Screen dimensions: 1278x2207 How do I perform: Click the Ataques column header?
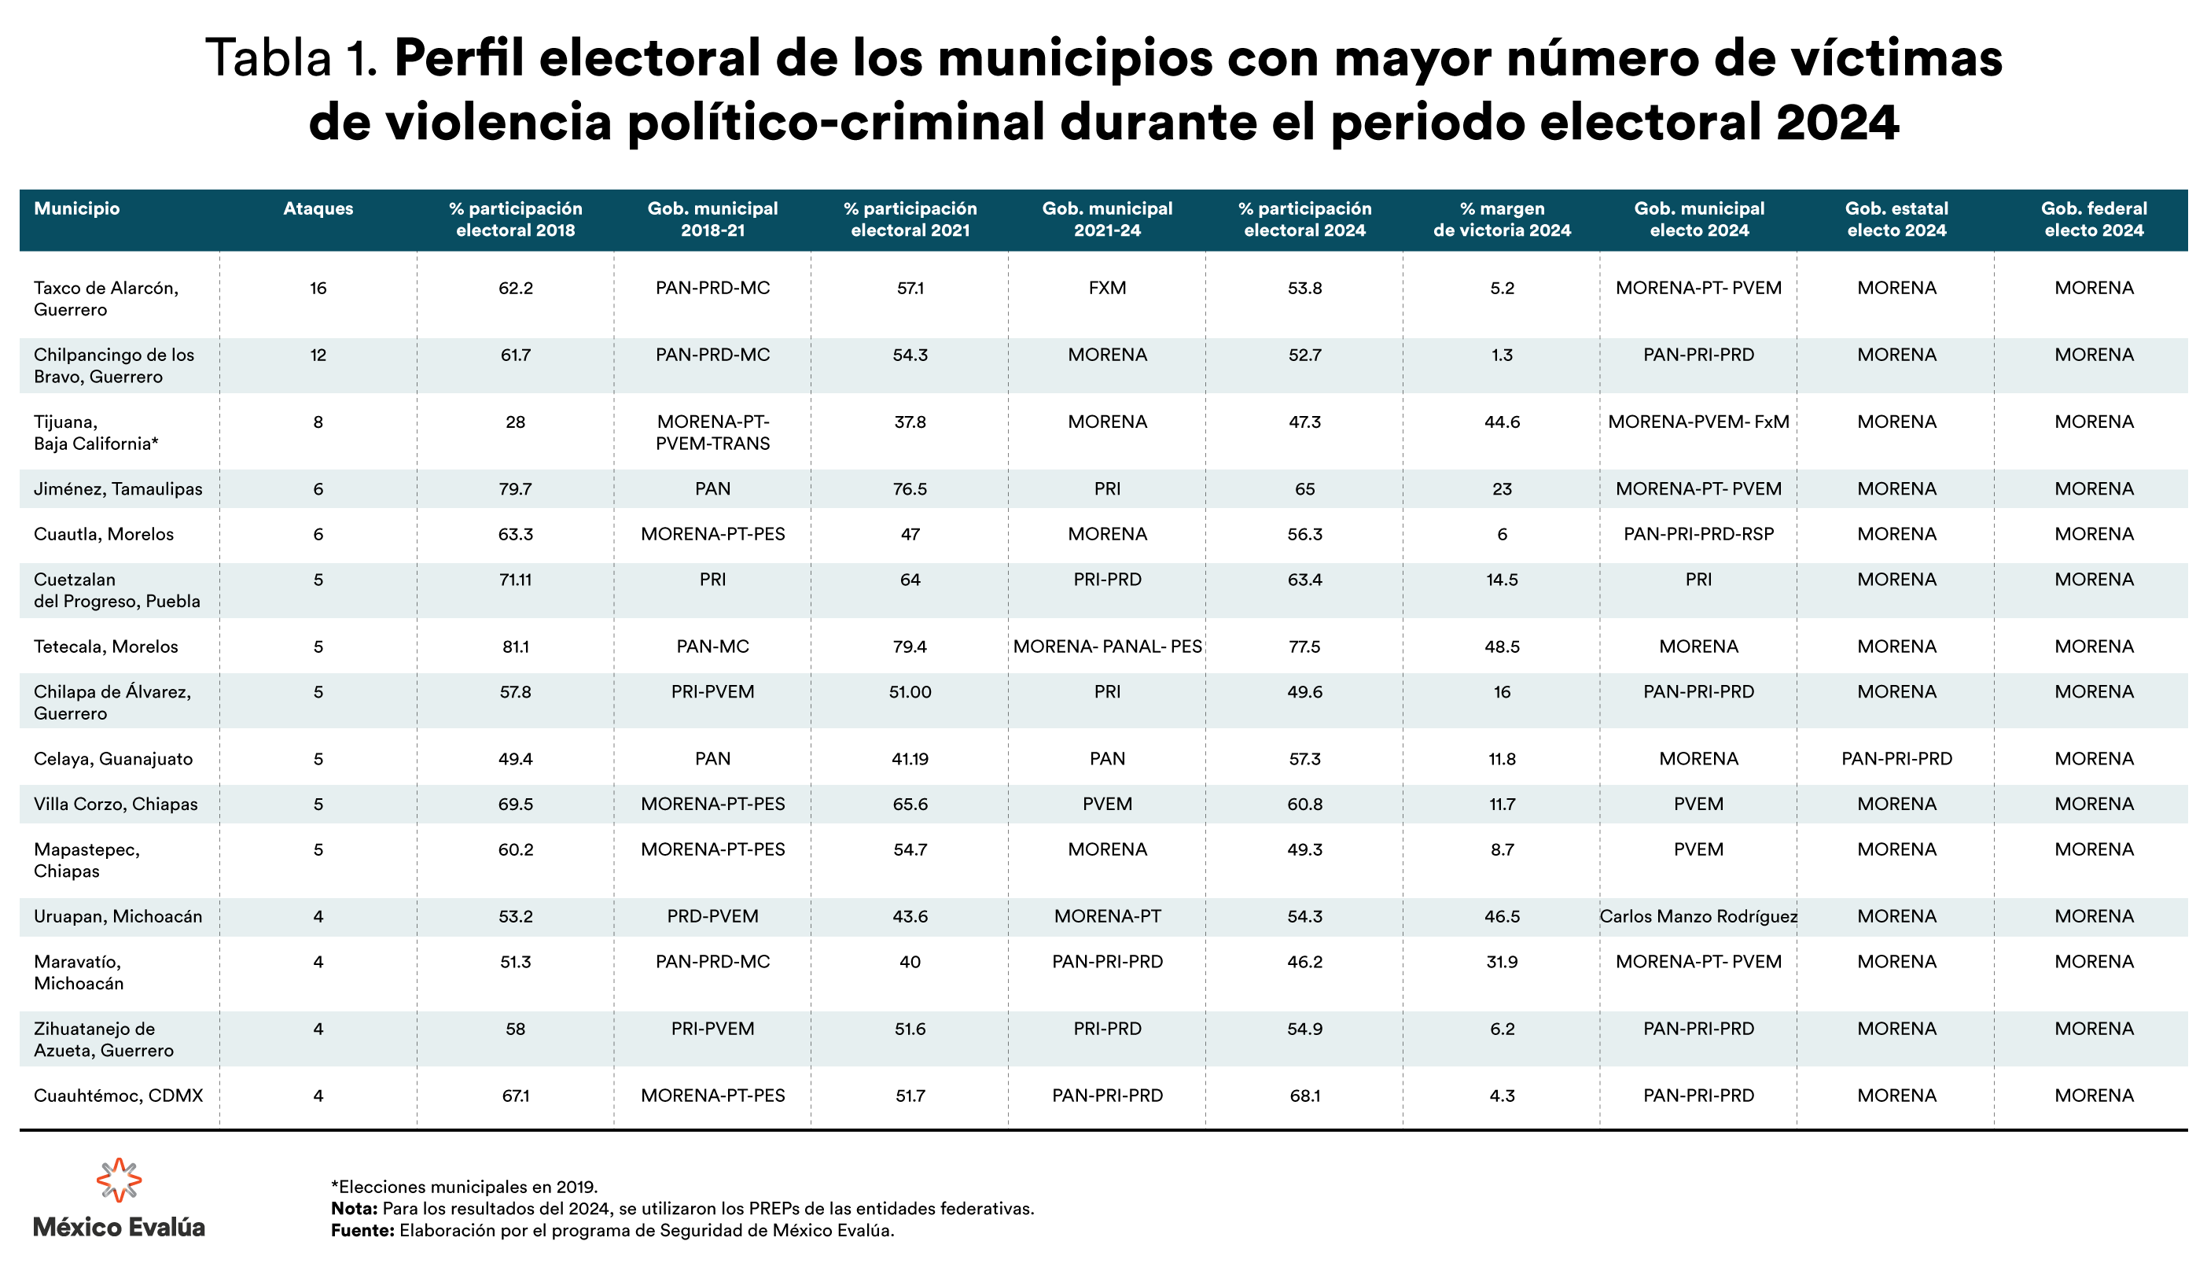tap(318, 208)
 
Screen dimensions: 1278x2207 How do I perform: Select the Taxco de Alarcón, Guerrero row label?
tap(106, 299)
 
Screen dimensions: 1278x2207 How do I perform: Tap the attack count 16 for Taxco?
tap(318, 288)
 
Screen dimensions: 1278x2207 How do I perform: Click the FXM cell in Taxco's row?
tap(1107, 288)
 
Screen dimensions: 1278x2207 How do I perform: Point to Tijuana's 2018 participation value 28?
tap(515, 422)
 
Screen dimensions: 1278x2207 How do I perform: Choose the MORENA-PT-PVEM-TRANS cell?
tap(712, 433)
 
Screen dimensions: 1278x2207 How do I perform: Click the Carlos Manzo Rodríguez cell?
tap(1698, 916)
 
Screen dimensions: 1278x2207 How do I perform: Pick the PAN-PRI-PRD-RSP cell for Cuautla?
tap(1698, 534)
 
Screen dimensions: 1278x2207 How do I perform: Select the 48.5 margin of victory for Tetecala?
tap(1502, 646)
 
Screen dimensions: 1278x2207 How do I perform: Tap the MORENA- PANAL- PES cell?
tap(1107, 646)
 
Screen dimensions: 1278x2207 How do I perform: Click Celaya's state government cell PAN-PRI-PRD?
tap(1896, 759)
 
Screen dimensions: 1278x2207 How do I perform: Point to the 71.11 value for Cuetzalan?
tap(515, 580)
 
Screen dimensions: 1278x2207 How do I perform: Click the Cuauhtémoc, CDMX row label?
tap(118, 1095)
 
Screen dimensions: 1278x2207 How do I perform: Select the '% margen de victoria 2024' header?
tap(1502, 219)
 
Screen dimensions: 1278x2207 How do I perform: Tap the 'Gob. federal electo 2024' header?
tap(2093, 219)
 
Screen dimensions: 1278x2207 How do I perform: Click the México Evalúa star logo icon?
tap(119, 1179)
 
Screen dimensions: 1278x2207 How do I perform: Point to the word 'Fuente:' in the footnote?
tap(362, 1230)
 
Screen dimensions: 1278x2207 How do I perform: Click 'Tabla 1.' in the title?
tap(291, 59)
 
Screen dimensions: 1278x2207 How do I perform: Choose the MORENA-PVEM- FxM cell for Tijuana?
tap(1698, 422)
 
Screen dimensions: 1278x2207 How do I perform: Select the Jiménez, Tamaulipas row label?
tap(118, 488)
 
